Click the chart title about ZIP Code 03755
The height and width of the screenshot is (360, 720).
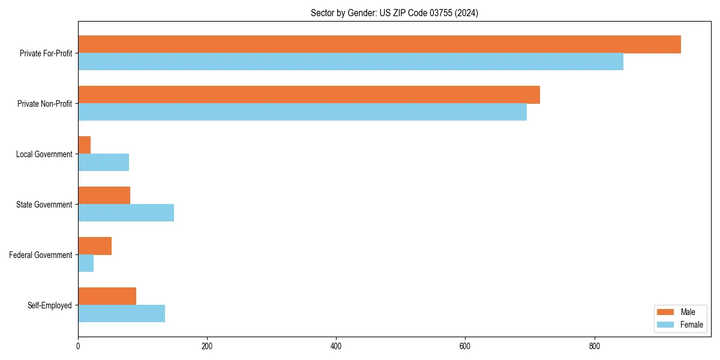(x=394, y=13)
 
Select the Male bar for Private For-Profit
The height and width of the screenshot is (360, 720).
(x=379, y=44)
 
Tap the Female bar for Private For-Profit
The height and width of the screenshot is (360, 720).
(x=350, y=62)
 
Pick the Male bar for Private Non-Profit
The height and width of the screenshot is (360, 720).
(x=309, y=95)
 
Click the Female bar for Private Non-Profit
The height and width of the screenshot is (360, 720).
(x=302, y=112)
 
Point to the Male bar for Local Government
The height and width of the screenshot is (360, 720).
(x=85, y=145)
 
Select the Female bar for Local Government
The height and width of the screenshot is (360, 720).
(x=103, y=163)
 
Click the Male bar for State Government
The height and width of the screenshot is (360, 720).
(x=104, y=196)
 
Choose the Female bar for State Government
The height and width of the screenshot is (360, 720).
(x=126, y=213)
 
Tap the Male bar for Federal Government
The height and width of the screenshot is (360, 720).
(x=95, y=246)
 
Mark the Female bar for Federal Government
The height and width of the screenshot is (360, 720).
(x=86, y=263)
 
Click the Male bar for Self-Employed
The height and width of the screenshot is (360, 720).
(x=107, y=296)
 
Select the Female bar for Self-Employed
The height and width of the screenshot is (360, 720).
(x=121, y=314)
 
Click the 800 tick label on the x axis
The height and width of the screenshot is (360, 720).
(x=594, y=346)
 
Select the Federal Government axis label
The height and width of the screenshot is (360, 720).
(x=41, y=255)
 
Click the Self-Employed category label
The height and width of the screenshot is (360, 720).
(x=50, y=305)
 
